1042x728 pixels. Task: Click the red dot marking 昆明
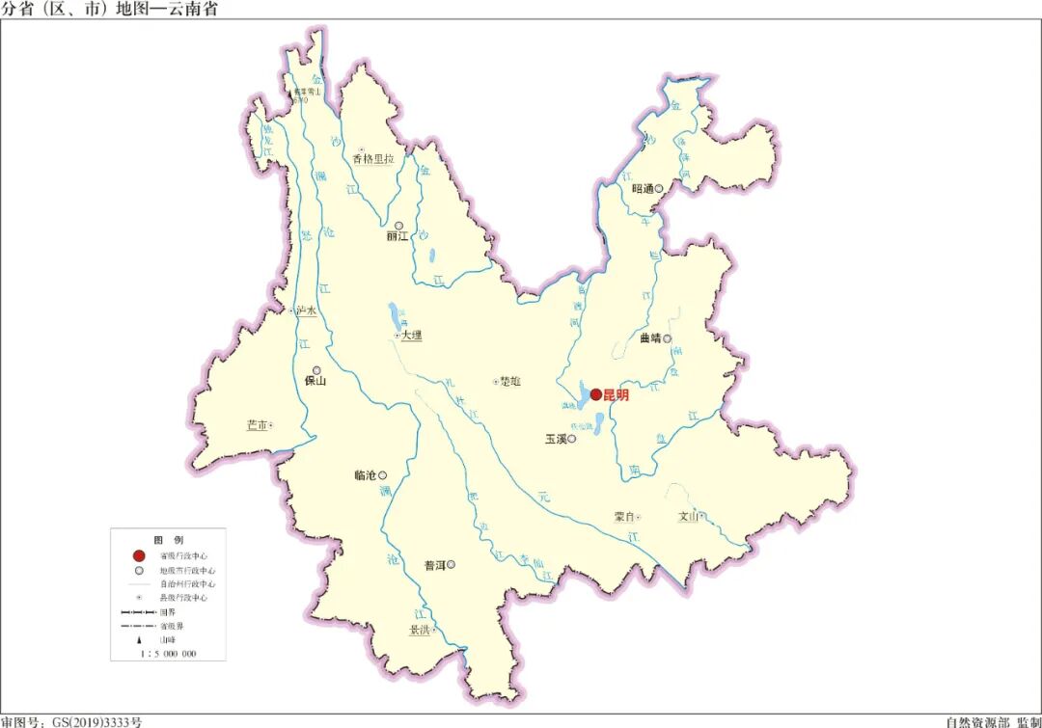click(596, 393)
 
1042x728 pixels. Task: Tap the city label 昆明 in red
click(616, 394)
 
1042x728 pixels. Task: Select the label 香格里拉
click(372, 160)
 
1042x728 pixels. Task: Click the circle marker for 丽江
click(398, 226)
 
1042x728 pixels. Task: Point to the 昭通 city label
click(643, 189)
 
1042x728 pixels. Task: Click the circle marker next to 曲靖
click(667, 338)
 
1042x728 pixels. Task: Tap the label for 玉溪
click(555, 439)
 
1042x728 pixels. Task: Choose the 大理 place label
click(412, 336)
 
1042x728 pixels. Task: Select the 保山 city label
click(315, 381)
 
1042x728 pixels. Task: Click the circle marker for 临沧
click(382, 474)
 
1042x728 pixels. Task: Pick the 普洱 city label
click(434, 565)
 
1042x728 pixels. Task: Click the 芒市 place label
click(256, 425)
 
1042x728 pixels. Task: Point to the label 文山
click(688, 516)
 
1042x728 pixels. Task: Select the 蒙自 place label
click(623, 517)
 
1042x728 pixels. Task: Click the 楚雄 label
click(510, 382)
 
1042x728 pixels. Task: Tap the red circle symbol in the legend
click(139, 556)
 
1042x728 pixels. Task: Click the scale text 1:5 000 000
click(168, 654)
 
